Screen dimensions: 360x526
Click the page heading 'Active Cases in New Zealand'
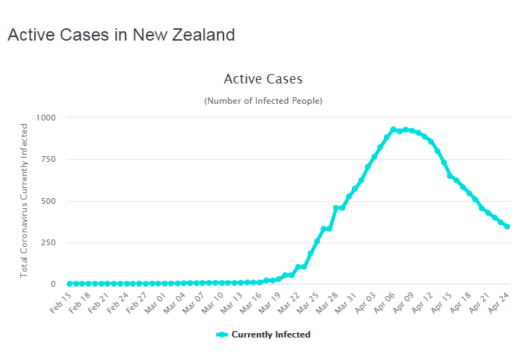point(121,35)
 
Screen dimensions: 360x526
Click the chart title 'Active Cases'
point(263,78)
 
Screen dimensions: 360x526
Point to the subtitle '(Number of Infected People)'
point(263,100)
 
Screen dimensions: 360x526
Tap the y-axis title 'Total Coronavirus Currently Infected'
point(24,200)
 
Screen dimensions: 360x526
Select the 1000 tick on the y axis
point(45,118)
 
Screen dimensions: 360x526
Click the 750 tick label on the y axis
point(48,159)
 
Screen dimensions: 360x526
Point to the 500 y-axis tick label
point(48,201)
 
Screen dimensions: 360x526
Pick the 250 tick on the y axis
point(48,242)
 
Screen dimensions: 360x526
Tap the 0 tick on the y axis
point(53,285)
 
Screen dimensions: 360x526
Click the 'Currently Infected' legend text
point(271,335)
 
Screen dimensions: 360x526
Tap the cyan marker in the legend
point(223,335)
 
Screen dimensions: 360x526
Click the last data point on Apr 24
point(507,226)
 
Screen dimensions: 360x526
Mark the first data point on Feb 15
point(70,284)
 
